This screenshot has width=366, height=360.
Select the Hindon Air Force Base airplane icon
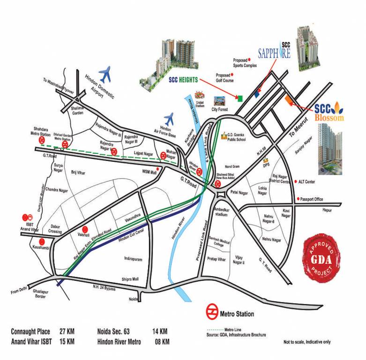169,118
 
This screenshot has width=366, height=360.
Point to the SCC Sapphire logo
275,51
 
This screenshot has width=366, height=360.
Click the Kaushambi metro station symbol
42,242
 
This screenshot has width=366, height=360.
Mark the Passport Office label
312,199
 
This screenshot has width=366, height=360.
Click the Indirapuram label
133,259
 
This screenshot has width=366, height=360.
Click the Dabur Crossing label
55,229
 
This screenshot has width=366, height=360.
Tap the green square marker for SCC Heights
240,98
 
